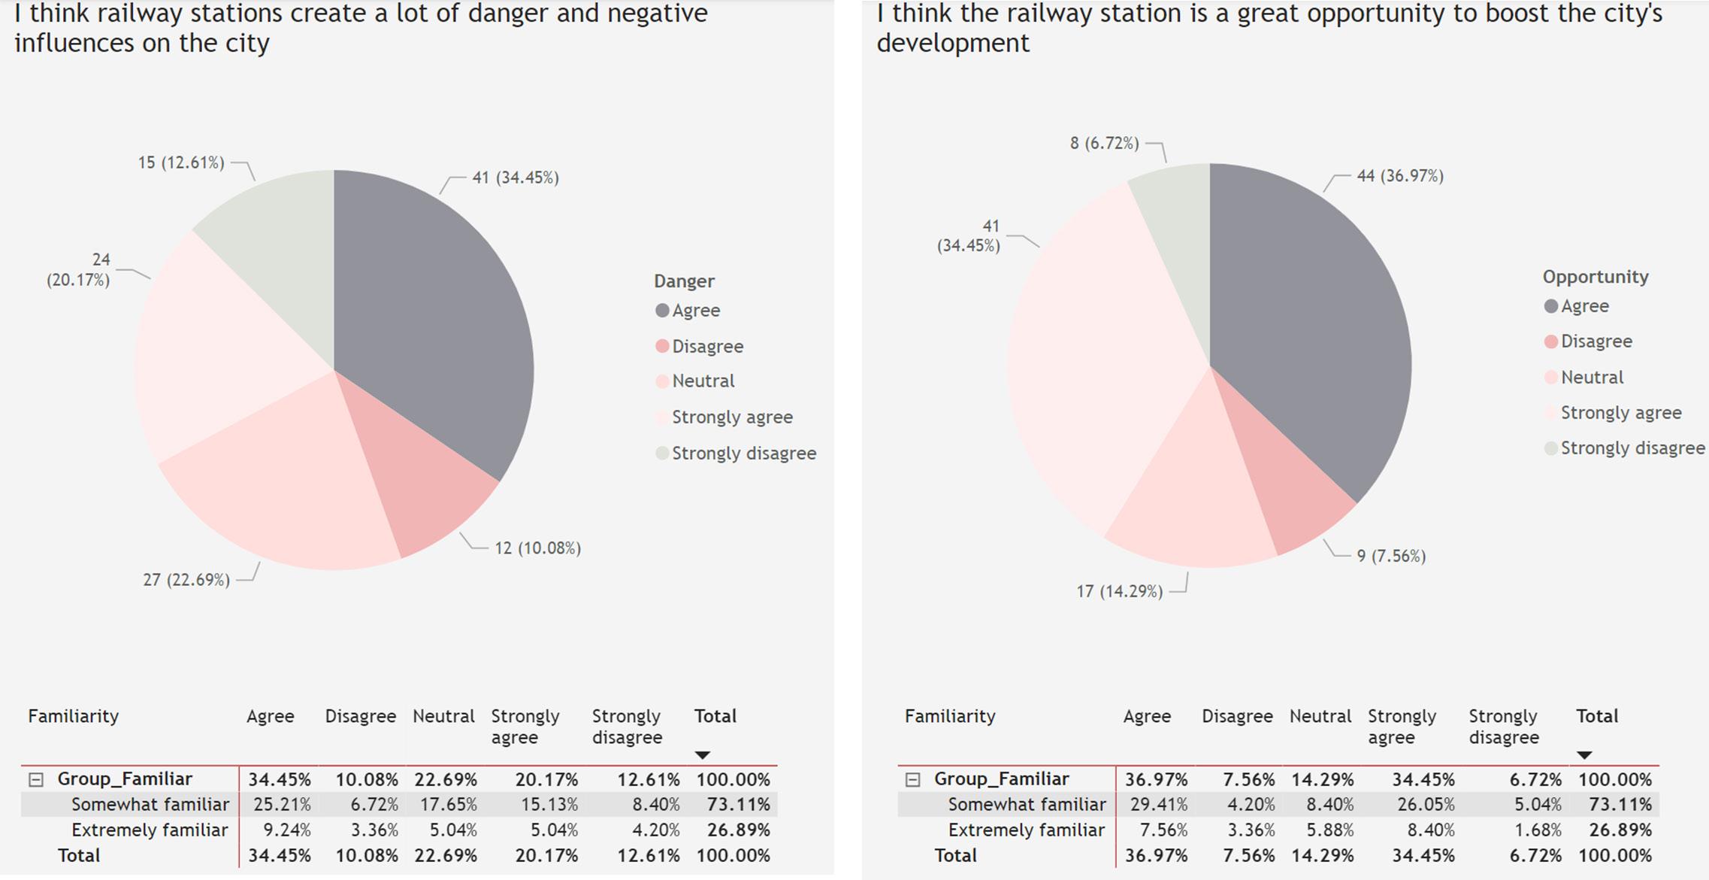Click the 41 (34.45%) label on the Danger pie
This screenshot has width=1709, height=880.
pyautogui.click(x=516, y=178)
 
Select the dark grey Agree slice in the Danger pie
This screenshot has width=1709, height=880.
pyautogui.click(x=436, y=316)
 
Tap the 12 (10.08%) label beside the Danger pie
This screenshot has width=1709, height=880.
pyautogui.click(x=537, y=548)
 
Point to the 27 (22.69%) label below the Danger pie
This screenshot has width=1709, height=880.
pyautogui.click(x=186, y=580)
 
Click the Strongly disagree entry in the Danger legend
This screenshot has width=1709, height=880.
pyautogui.click(x=743, y=454)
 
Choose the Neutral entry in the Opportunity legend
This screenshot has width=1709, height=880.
pyautogui.click(x=1592, y=378)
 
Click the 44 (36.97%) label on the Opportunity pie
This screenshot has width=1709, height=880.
pyautogui.click(x=1400, y=177)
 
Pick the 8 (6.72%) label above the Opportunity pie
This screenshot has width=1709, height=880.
pyautogui.click(x=1104, y=143)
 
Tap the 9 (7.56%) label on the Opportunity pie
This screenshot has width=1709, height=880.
pyautogui.click(x=1391, y=557)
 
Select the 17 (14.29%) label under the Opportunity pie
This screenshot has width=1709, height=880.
pyautogui.click(x=1119, y=592)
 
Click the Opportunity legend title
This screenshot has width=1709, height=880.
pyautogui.click(x=1596, y=277)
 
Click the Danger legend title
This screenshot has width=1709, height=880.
pyautogui.click(x=684, y=281)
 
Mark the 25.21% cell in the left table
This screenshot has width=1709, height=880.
pyautogui.click(x=282, y=805)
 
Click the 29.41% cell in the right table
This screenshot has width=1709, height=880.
pyautogui.click(x=1159, y=805)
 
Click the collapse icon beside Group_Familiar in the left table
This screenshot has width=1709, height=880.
pyautogui.click(x=36, y=780)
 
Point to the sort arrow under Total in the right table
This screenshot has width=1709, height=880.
pyautogui.click(x=1584, y=755)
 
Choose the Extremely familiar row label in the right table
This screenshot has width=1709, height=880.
pyautogui.click(x=1026, y=830)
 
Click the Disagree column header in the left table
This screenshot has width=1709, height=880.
pyautogui.click(x=360, y=717)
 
